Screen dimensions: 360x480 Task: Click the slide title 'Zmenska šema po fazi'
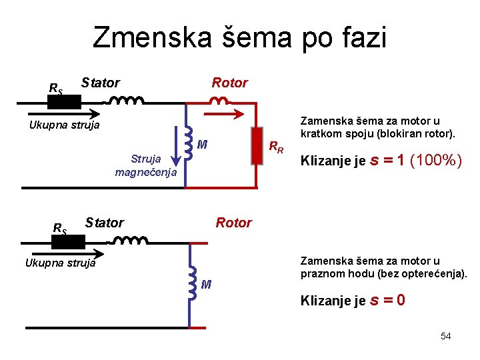point(239,37)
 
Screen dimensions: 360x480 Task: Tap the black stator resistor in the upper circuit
point(64,103)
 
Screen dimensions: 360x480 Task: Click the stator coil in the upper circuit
point(127,101)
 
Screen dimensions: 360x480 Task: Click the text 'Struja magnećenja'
point(145,166)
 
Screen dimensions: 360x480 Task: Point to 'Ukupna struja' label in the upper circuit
point(65,125)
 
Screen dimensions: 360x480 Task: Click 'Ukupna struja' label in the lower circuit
point(60,263)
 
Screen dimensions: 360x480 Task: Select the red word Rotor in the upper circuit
point(229,83)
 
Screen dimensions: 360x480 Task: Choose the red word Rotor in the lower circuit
point(233,223)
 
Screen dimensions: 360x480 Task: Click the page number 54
point(445,336)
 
